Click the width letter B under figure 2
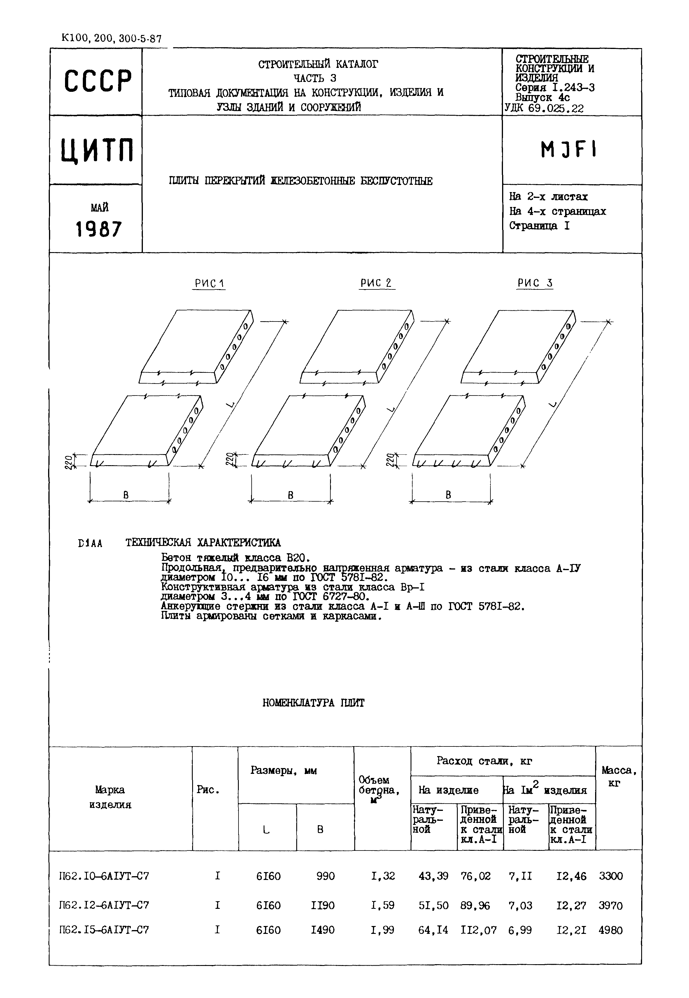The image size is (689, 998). click(290, 495)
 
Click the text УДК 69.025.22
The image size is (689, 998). click(544, 108)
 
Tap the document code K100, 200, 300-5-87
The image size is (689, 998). click(111, 39)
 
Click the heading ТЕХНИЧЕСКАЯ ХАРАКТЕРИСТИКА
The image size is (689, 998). click(203, 543)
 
